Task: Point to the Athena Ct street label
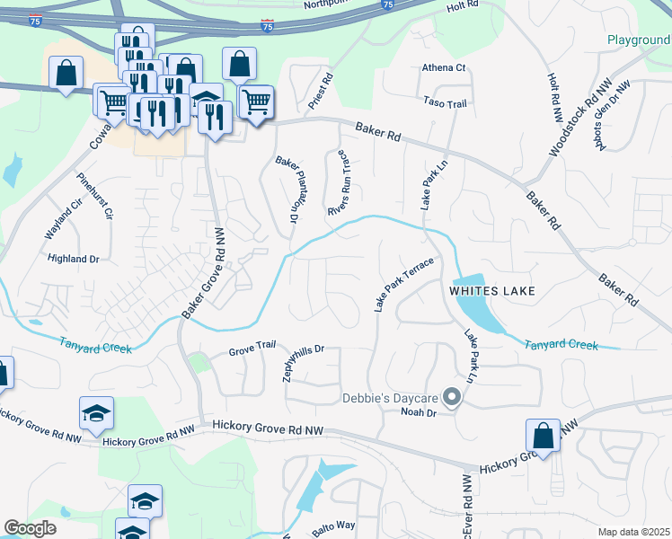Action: [444, 67]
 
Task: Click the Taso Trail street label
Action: [446, 104]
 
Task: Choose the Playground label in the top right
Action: [638, 40]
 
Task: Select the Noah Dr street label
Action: [418, 412]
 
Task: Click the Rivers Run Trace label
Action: [338, 183]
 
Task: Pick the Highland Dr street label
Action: [74, 258]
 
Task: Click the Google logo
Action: [30, 528]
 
